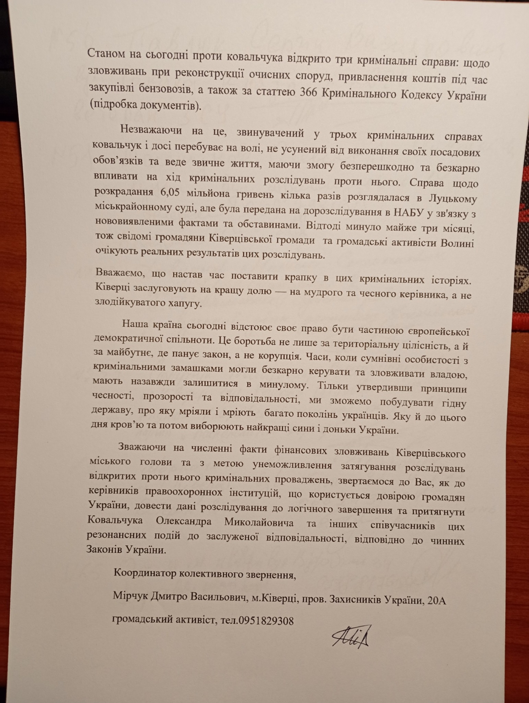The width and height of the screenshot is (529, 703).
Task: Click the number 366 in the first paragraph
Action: coord(311,93)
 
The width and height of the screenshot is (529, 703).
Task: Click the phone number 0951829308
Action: coord(266,621)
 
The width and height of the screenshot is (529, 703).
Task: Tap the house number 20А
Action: coord(436,600)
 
